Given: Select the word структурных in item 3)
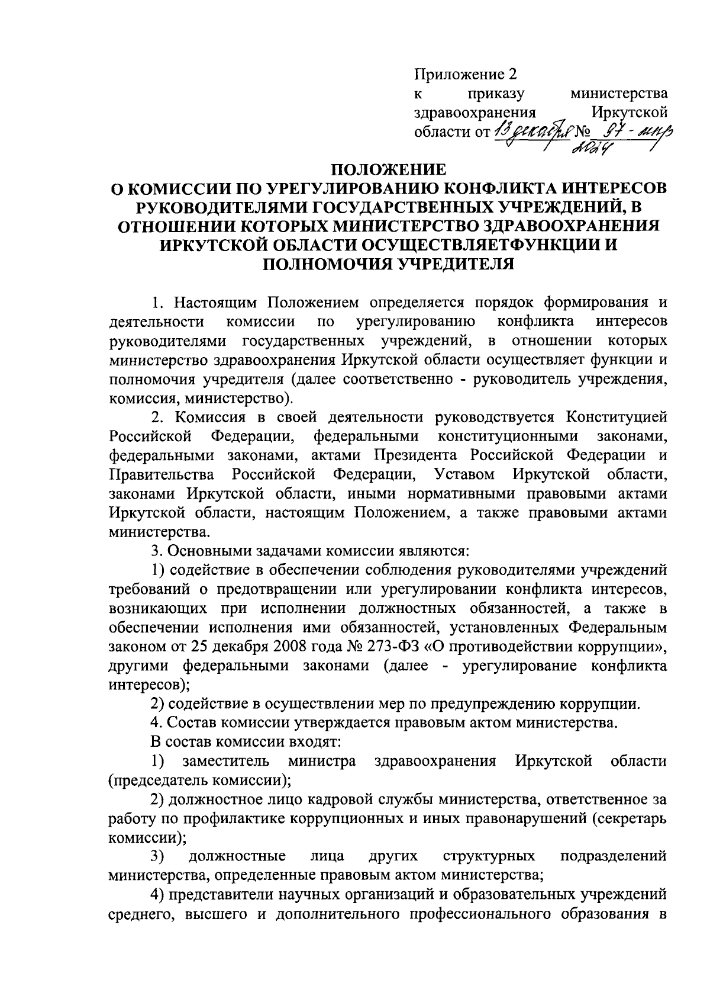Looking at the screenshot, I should click(489, 856).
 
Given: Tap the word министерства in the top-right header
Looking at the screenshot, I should click(618, 94).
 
